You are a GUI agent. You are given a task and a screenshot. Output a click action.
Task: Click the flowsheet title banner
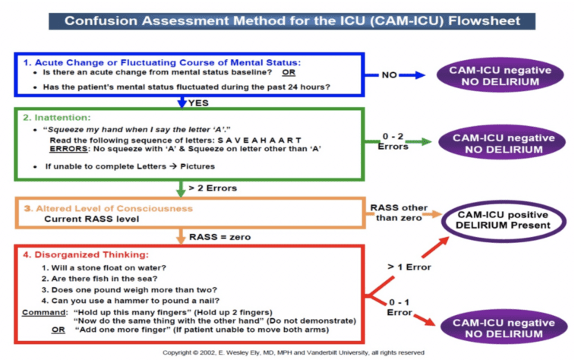pos(291,20)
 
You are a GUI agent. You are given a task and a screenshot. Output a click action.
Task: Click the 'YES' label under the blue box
pos(200,102)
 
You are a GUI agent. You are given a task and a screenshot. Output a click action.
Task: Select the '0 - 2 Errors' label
pos(393,141)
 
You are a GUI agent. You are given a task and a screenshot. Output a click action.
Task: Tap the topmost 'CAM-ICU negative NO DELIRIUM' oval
pos(494,75)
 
